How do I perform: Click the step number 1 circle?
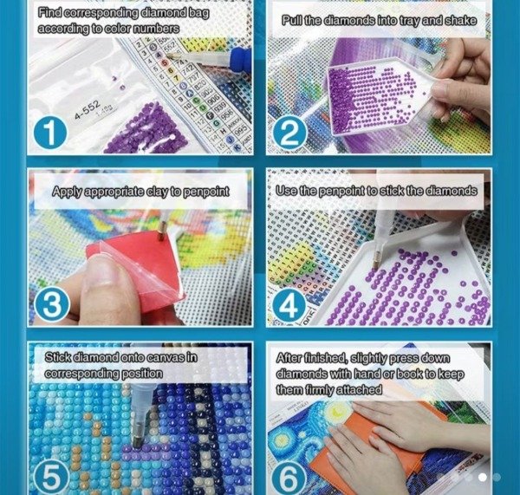[55, 132]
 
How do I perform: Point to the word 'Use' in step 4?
[287, 190]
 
